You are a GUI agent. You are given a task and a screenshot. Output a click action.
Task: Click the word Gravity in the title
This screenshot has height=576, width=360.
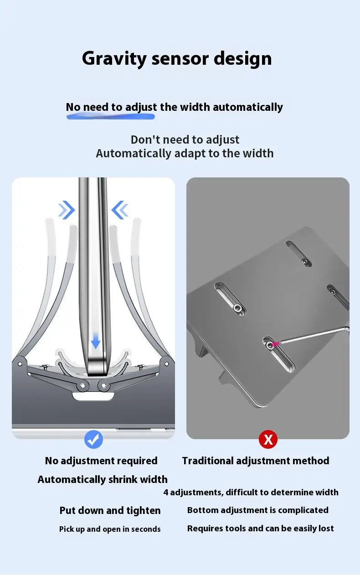[x=114, y=59]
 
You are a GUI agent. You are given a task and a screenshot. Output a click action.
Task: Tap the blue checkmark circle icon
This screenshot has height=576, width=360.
[x=93, y=439]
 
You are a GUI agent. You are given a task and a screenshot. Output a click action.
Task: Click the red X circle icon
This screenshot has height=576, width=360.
[x=268, y=439]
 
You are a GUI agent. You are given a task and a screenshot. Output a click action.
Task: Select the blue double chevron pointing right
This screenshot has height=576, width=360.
[x=66, y=210]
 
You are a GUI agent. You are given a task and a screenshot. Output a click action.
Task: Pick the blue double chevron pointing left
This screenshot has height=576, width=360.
[x=120, y=210]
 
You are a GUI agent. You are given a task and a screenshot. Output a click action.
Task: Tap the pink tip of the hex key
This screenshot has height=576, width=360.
[x=275, y=344]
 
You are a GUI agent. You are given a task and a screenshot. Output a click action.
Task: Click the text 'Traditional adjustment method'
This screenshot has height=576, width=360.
[x=256, y=461]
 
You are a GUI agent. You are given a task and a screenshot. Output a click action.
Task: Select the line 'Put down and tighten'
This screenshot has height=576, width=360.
[x=110, y=510]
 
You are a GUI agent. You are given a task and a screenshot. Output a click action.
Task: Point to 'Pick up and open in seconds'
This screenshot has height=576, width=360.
[x=110, y=529]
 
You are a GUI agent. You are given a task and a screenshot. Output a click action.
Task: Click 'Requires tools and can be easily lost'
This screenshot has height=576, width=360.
[x=260, y=529]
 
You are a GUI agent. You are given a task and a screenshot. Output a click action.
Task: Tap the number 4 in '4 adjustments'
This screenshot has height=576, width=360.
[x=166, y=493]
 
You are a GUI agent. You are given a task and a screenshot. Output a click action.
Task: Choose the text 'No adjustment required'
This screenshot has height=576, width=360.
[x=101, y=461]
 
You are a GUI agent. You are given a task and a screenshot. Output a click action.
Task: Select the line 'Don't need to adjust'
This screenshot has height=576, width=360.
[x=185, y=140]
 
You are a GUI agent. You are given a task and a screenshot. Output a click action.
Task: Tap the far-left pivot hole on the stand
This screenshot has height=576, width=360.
[x=20, y=364]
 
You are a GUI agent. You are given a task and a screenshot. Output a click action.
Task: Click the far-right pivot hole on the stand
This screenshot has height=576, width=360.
[x=166, y=363]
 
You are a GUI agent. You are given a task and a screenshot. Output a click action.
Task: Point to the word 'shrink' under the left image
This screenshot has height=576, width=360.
[x=123, y=480]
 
